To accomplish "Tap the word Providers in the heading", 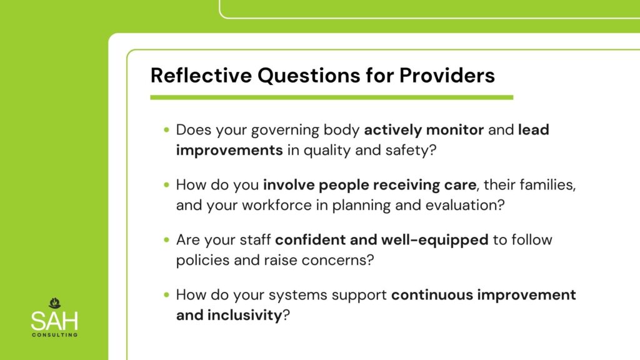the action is tap(447, 76).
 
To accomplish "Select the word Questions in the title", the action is tap(309, 76).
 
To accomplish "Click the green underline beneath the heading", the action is tap(331, 97).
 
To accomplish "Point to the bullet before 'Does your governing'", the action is tap(166, 130).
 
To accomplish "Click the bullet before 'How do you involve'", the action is tap(166, 185).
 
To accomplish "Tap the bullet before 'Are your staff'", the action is tap(166, 239).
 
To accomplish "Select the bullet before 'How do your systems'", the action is tap(166, 295).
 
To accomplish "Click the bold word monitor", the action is tap(455, 130).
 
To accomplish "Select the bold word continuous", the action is tap(432, 295).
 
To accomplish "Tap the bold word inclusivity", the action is tap(244, 315).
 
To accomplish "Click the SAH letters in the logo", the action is tap(54, 321).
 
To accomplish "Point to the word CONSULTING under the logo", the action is tap(55, 335).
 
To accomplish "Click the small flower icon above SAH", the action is tap(55, 303).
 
